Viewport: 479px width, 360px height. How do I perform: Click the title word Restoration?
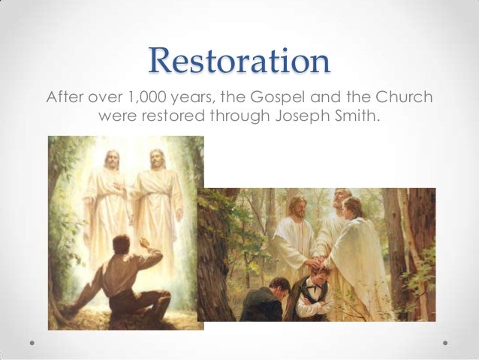[x=239, y=62]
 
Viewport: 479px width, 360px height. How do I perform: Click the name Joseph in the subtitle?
[x=304, y=117]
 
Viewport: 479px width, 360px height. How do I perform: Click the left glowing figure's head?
[x=111, y=159]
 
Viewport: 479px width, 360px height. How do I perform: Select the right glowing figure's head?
[x=156, y=158]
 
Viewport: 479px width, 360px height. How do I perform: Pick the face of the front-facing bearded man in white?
[x=297, y=207]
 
